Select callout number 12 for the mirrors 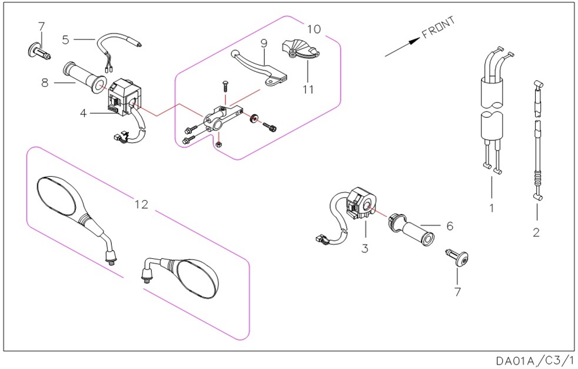(x=141, y=204)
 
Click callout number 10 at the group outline (x=314, y=28)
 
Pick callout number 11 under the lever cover (x=308, y=90)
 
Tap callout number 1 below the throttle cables (x=491, y=207)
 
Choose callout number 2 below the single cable (x=536, y=232)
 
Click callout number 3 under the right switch (x=365, y=249)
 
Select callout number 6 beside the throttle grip (x=449, y=225)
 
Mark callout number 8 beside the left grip (x=45, y=83)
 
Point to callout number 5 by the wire (x=65, y=39)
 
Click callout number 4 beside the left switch (x=84, y=112)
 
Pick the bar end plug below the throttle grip (x=459, y=259)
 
